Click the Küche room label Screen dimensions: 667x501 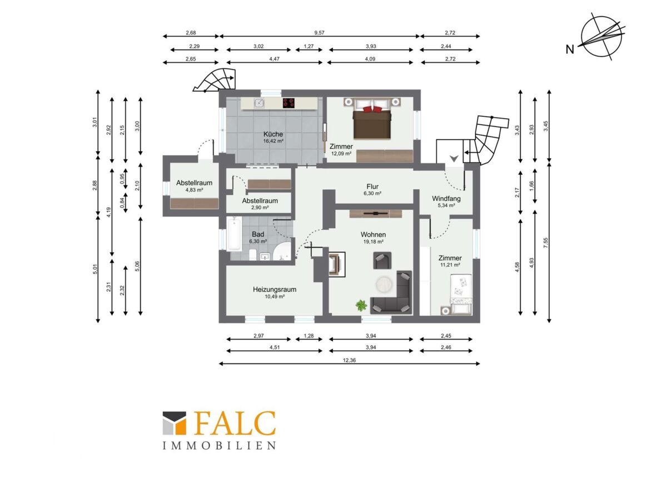(x=273, y=134)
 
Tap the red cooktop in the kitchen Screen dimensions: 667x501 (x=288, y=103)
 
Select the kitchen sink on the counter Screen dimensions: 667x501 (x=258, y=103)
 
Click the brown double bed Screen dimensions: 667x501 (x=372, y=121)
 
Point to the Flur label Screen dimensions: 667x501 (x=372, y=186)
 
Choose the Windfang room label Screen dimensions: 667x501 (x=446, y=199)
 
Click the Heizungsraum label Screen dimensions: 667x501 (x=275, y=289)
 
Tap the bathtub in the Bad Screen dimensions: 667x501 (x=235, y=233)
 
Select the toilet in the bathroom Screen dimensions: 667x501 (x=252, y=254)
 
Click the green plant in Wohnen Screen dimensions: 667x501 (x=361, y=305)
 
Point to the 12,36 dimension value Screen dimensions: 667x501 (x=349, y=360)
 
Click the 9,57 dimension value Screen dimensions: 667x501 (x=320, y=32)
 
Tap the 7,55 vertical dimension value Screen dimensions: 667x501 (x=546, y=243)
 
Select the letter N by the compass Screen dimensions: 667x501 (x=570, y=50)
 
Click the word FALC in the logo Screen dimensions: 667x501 (x=235, y=423)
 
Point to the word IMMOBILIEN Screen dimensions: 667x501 (x=219, y=446)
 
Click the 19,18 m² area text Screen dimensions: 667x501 (x=373, y=242)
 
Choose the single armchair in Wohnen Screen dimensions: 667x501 (x=382, y=260)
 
